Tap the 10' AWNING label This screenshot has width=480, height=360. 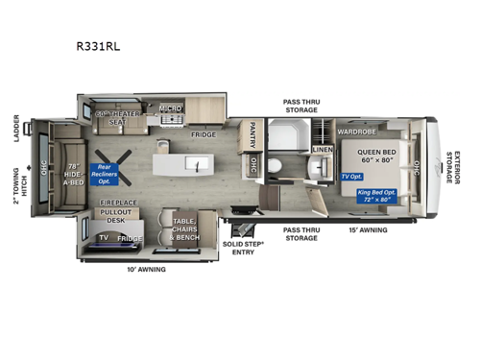point(146,270)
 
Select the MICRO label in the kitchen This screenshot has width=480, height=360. point(171,108)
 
